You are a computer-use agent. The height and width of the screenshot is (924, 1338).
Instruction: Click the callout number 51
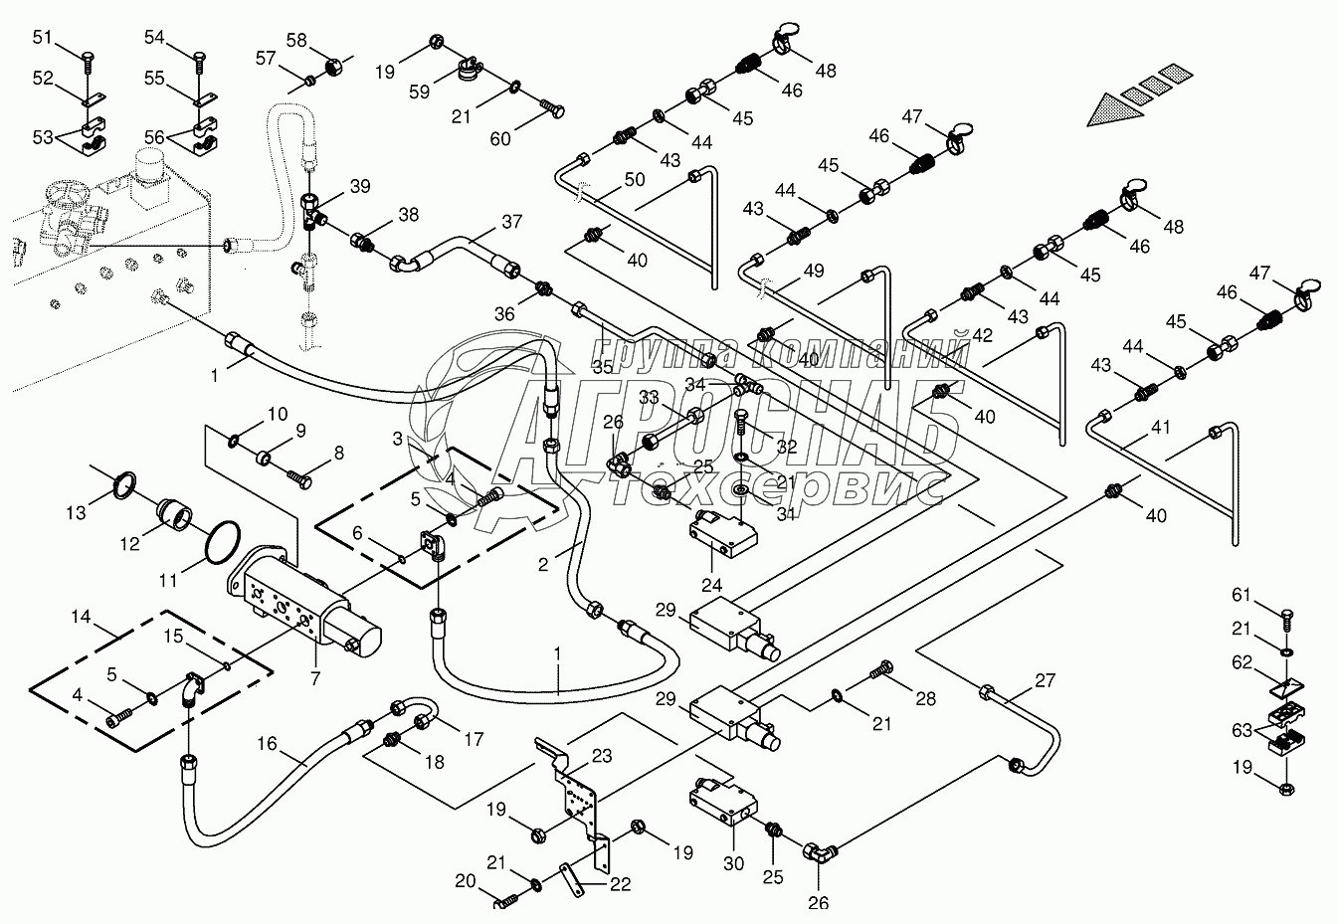point(42,37)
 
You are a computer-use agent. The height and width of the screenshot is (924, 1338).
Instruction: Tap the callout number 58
point(296,40)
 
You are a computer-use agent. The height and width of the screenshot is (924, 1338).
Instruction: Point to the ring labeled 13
point(124,484)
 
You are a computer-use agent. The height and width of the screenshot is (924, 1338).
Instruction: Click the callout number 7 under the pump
point(315,677)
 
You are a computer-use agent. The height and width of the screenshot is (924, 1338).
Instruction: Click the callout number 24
point(712,584)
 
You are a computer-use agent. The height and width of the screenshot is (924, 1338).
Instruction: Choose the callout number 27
point(1045,679)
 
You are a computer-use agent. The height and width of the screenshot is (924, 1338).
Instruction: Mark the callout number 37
point(512,222)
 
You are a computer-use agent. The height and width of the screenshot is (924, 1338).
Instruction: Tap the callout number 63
point(1242,730)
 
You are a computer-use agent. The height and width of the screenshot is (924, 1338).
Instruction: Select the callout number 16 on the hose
point(268,743)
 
